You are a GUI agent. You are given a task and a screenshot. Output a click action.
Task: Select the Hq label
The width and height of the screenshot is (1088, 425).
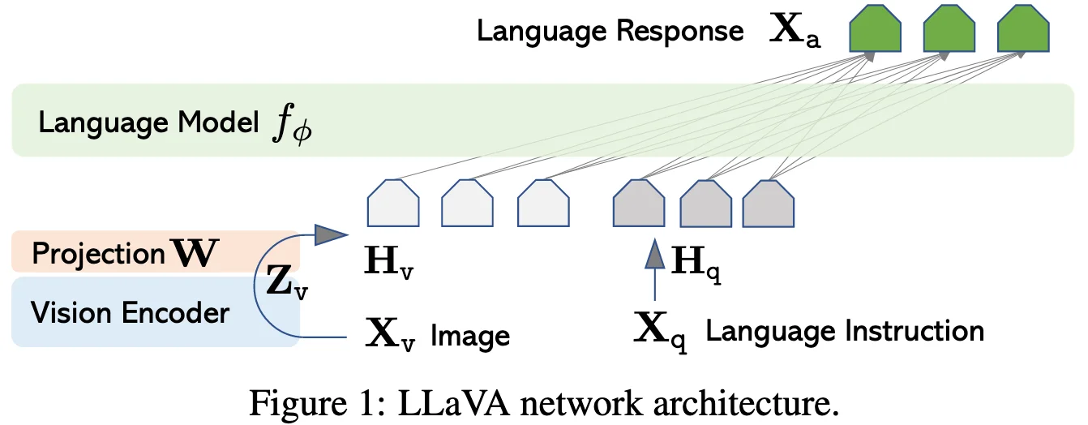[x=696, y=262]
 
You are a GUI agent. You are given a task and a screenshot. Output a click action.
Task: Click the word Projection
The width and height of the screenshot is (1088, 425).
[x=98, y=255]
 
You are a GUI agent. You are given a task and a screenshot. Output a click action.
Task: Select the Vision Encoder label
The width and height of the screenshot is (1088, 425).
[x=130, y=312]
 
